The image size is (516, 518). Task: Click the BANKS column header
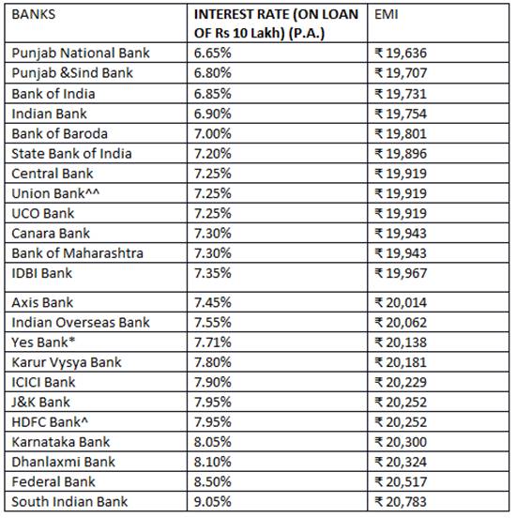tap(35, 16)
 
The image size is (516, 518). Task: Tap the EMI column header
tap(387, 16)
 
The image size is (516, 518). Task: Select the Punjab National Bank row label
tap(81, 53)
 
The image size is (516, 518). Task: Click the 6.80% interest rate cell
tap(215, 73)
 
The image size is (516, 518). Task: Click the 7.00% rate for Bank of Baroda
tap(215, 133)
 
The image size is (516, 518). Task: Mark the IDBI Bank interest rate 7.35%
tap(215, 273)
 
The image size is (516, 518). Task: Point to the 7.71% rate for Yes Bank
tap(215, 342)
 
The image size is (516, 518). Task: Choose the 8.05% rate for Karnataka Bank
tap(215, 442)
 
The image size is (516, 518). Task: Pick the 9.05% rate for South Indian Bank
tap(215, 502)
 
